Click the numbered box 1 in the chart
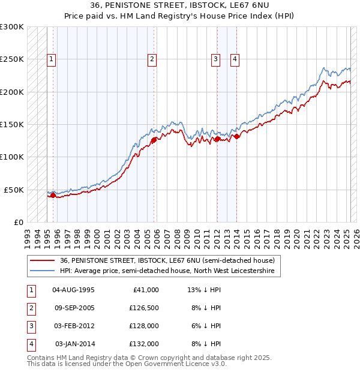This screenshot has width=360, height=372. pos(52,59)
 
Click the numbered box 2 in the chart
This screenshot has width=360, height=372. pos(152,59)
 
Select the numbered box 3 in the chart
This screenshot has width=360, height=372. pos(215,59)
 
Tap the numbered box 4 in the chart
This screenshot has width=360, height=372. pos(235,59)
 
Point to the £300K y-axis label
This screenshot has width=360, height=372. pos(12,27)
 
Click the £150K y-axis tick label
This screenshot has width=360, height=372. pos(12,125)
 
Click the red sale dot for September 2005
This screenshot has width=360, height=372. pos(154,140)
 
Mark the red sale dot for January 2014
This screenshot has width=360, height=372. pos(236,136)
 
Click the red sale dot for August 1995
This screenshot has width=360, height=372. pos(53,195)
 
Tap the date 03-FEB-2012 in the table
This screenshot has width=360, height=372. pos(74,326)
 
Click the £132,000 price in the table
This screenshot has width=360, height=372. pos(145,344)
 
